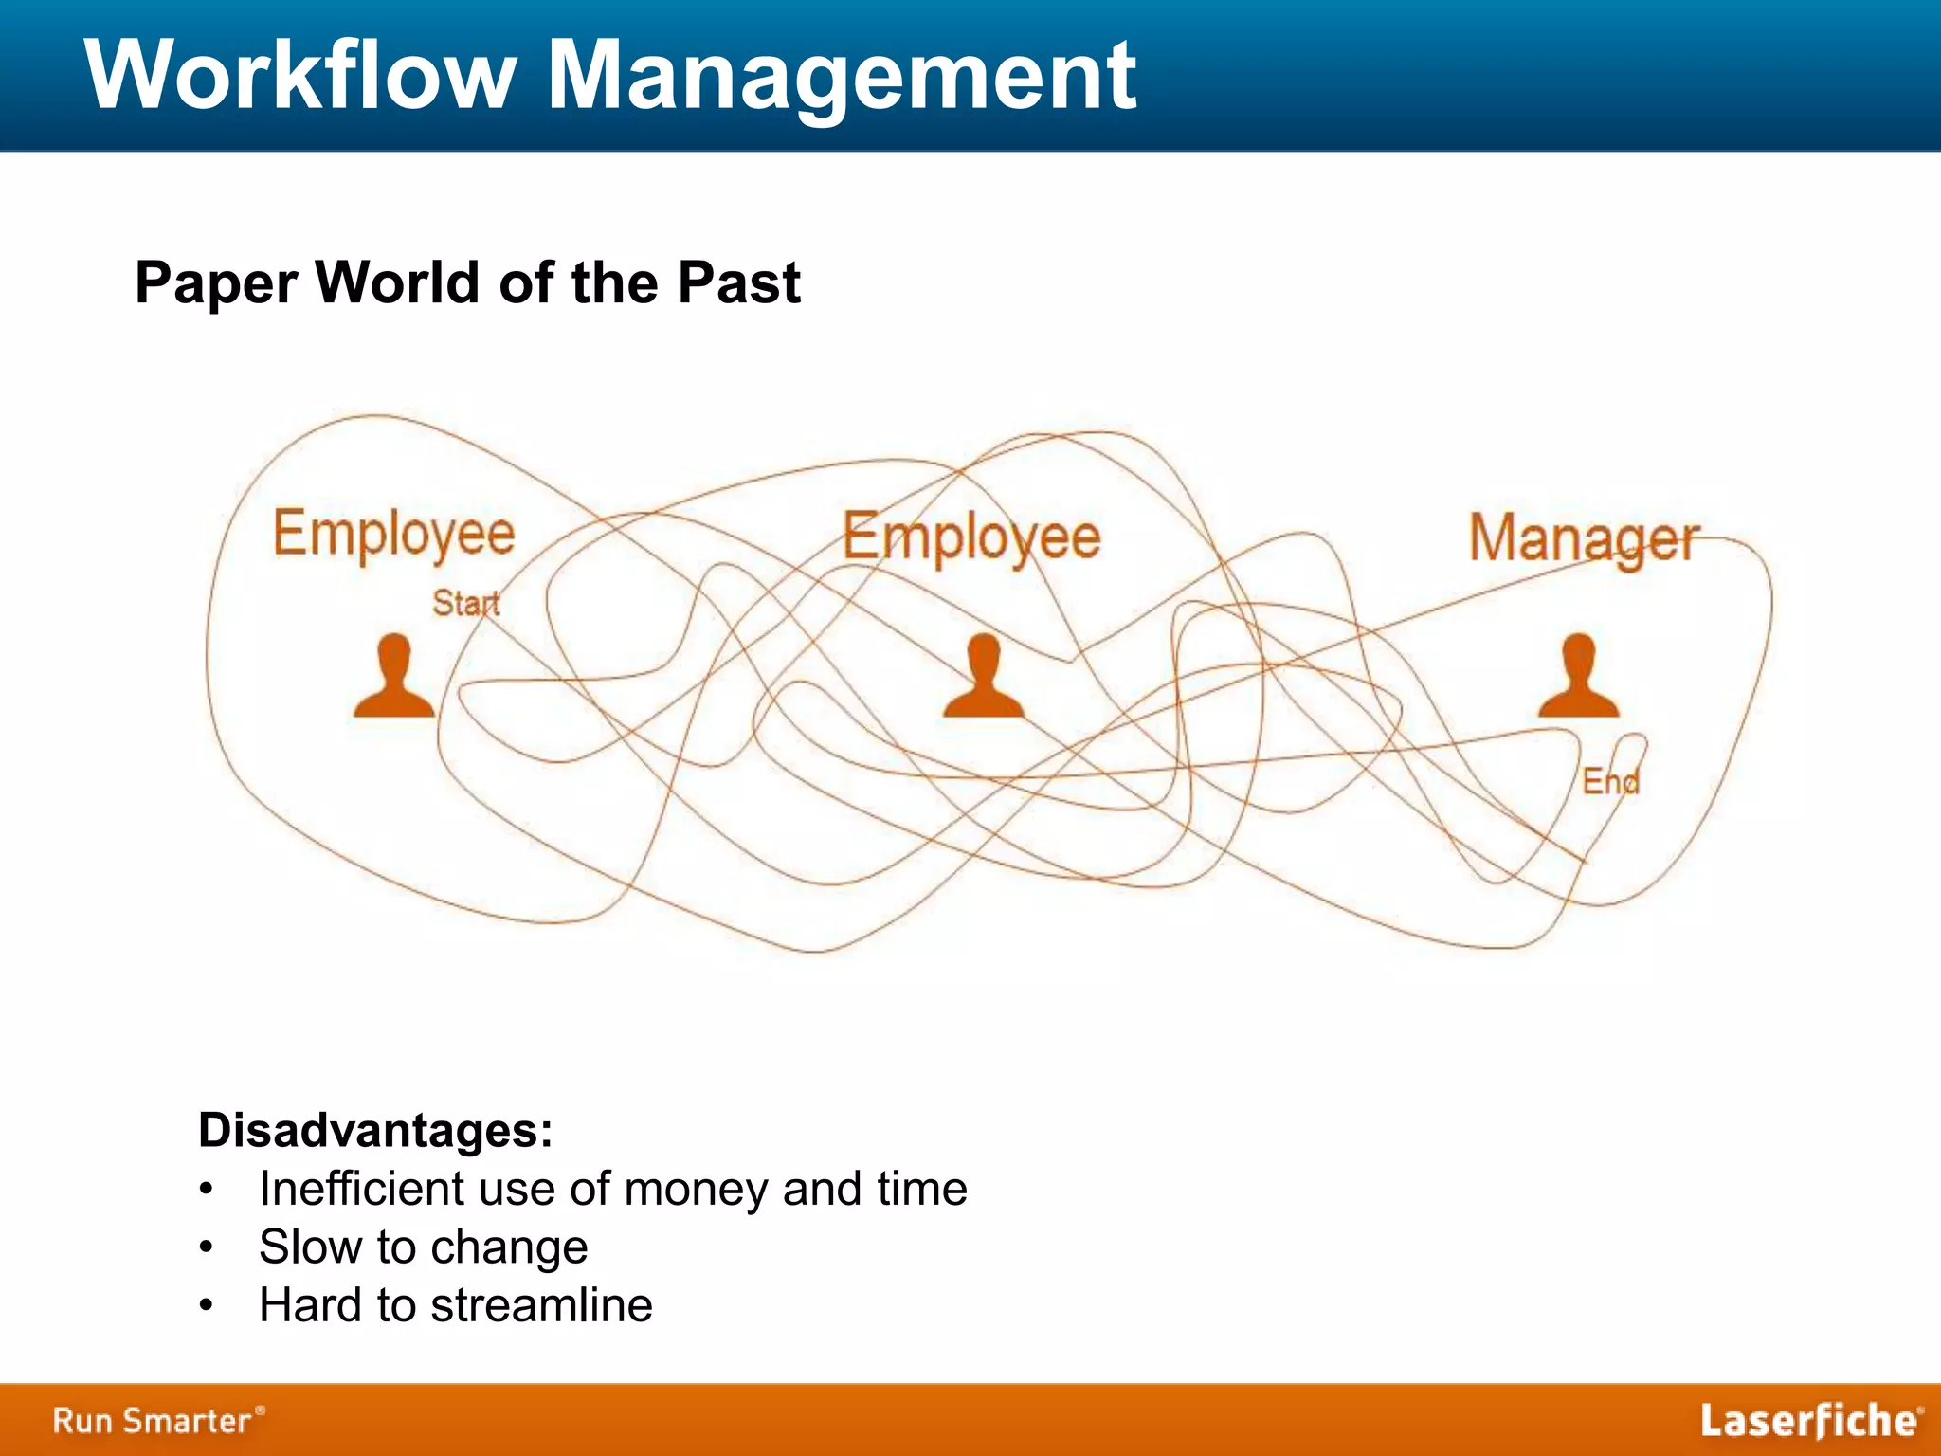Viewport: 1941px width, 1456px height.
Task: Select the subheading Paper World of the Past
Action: pos(467,282)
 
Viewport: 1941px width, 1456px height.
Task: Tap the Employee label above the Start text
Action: pos(393,534)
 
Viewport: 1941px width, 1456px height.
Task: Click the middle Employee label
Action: pos(971,537)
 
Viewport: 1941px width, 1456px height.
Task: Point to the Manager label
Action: pos(1584,539)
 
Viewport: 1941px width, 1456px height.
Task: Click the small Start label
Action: pos(465,603)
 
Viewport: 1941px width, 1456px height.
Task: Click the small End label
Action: pos(1610,781)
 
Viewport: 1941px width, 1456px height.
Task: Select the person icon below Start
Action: pos(394,677)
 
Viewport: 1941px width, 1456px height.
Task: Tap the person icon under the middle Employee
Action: pos(984,677)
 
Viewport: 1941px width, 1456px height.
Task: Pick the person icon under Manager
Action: pos(1578,677)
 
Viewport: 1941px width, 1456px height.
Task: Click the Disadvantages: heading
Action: pos(375,1130)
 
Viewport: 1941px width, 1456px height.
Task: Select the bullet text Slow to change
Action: pos(423,1247)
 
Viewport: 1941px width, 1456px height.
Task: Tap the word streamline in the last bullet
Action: pos(541,1305)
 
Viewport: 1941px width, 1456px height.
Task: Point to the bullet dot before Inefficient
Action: pos(207,1190)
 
